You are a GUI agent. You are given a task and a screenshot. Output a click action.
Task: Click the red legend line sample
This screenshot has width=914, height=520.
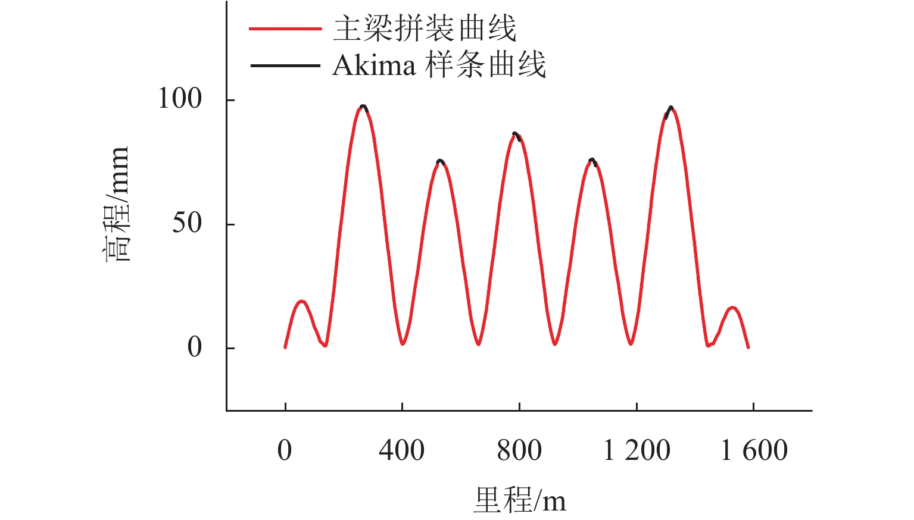pos(285,28)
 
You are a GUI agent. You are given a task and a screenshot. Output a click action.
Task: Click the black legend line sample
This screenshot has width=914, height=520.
pos(285,64)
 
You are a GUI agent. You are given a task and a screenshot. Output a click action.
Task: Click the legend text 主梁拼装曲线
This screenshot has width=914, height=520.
pos(424,28)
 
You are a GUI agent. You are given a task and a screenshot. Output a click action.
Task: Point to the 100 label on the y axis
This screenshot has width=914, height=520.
pos(180,99)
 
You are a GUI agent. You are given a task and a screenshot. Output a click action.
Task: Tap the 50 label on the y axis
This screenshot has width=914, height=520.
pos(187,224)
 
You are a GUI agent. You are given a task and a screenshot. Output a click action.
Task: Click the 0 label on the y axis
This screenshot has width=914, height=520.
pos(195,347)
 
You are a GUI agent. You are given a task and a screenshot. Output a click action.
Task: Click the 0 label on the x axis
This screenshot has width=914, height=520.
pos(285,450)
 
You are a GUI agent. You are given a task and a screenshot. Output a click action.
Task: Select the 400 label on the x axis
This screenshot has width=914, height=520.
pos(401,450)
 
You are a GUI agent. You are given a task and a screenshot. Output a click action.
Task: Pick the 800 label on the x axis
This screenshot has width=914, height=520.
pos(519,450)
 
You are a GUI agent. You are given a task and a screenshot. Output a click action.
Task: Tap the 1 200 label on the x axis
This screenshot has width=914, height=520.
pos(637,450)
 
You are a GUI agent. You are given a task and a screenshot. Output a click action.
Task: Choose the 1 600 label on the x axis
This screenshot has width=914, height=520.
pos(754,450)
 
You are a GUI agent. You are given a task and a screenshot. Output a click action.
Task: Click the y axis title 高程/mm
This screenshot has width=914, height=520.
pos(117,204)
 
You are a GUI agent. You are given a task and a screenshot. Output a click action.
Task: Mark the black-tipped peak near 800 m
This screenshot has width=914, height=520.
pos(516,134)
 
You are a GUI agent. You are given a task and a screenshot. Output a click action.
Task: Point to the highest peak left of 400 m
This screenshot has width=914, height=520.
pos(363,107)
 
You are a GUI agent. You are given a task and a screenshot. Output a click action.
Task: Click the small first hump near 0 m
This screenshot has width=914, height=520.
pos(301,302)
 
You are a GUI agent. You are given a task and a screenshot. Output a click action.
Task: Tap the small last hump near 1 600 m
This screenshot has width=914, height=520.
pos(732,308)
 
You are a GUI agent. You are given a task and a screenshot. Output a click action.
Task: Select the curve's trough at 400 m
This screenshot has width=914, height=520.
pos(403,343)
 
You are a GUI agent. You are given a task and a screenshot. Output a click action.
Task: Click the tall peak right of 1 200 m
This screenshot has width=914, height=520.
pos(670,108)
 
